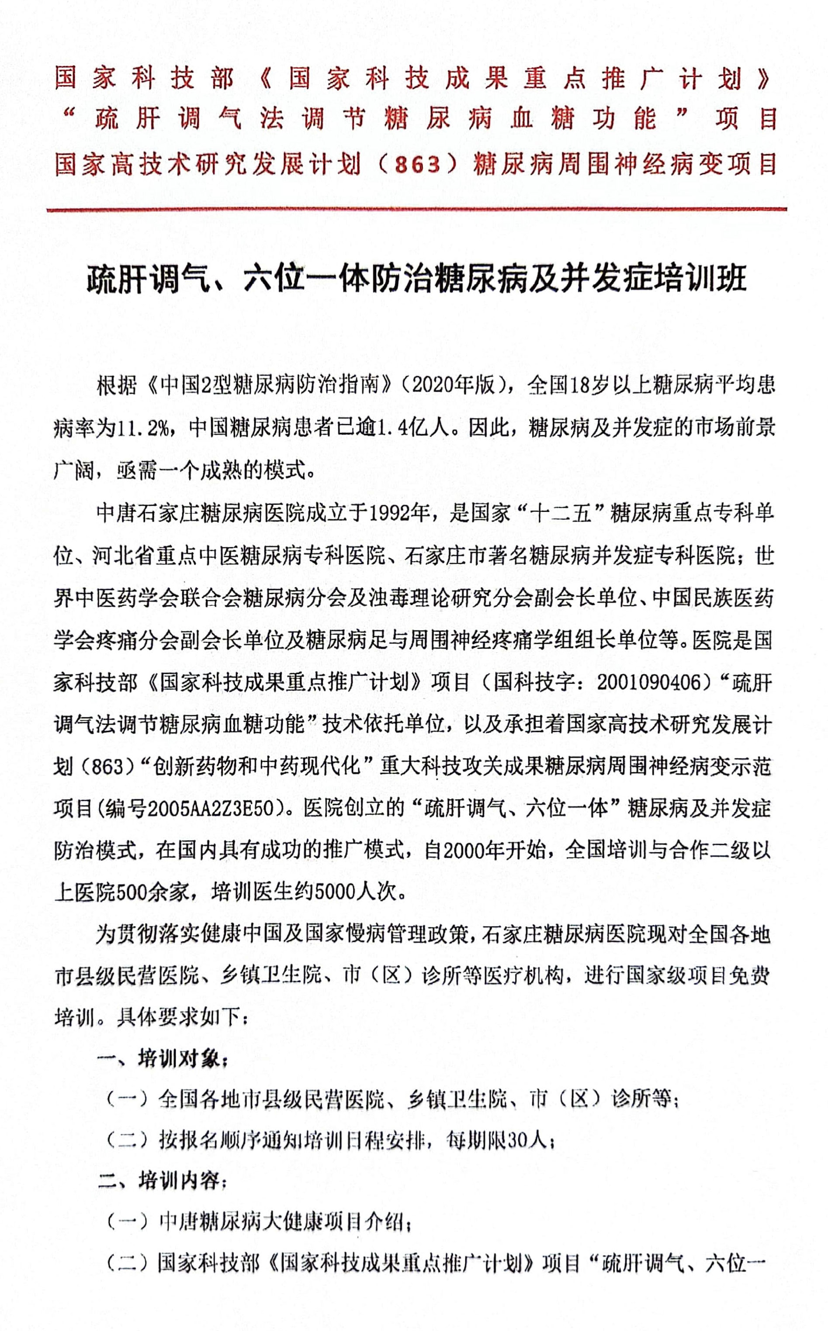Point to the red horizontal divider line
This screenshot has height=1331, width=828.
(x=416, y=209)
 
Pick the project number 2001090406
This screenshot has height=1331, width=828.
(x=649, y=682)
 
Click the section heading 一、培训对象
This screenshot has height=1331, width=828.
(x=162, y=1059)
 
